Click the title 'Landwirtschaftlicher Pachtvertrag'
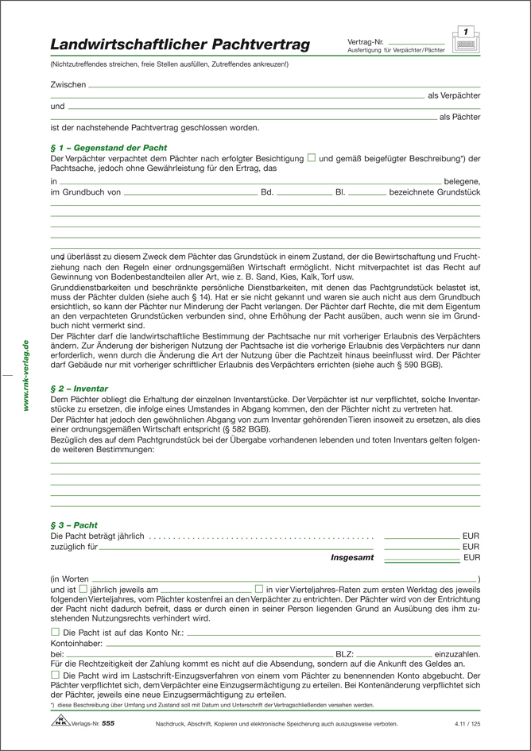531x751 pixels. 180,45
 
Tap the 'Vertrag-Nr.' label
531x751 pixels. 366,41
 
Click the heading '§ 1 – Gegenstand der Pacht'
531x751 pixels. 108,148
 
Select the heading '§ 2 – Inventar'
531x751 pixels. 79,388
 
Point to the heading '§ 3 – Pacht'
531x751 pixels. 74,525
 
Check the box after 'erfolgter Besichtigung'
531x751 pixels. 312,158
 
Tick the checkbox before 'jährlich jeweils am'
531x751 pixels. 83,589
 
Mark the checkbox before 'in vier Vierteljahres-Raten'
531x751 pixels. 259,589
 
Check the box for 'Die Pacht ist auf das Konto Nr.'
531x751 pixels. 55,631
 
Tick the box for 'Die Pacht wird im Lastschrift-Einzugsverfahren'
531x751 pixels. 55,673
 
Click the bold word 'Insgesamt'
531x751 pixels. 352,558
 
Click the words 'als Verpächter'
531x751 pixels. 454,95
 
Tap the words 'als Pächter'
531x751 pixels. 459,117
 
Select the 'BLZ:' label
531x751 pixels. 346,652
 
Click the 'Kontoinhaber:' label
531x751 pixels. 77,642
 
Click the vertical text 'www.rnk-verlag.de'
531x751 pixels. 26,375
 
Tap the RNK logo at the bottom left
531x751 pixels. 60,722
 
